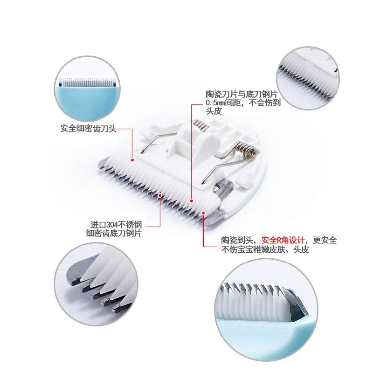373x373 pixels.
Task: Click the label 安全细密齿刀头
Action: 88,128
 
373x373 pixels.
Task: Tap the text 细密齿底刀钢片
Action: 114,233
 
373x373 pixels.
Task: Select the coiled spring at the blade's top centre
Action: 200,125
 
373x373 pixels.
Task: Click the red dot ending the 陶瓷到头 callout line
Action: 203,213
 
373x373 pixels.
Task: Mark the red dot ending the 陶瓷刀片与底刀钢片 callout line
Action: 191,201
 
